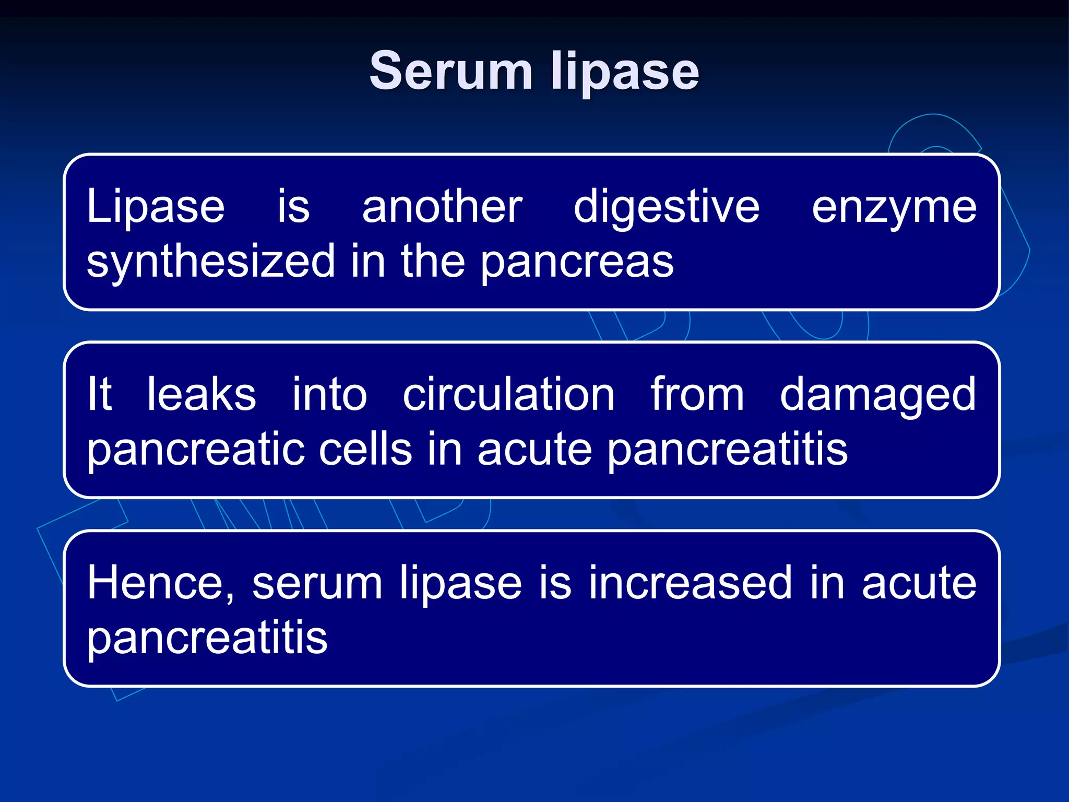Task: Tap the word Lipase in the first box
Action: point(156,207)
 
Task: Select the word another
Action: point(442,207)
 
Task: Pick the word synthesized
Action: point(211,262)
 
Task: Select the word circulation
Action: point(508,395)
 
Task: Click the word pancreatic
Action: point(197,450)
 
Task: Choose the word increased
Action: point(691,583)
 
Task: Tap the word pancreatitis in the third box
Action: point(207,639)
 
